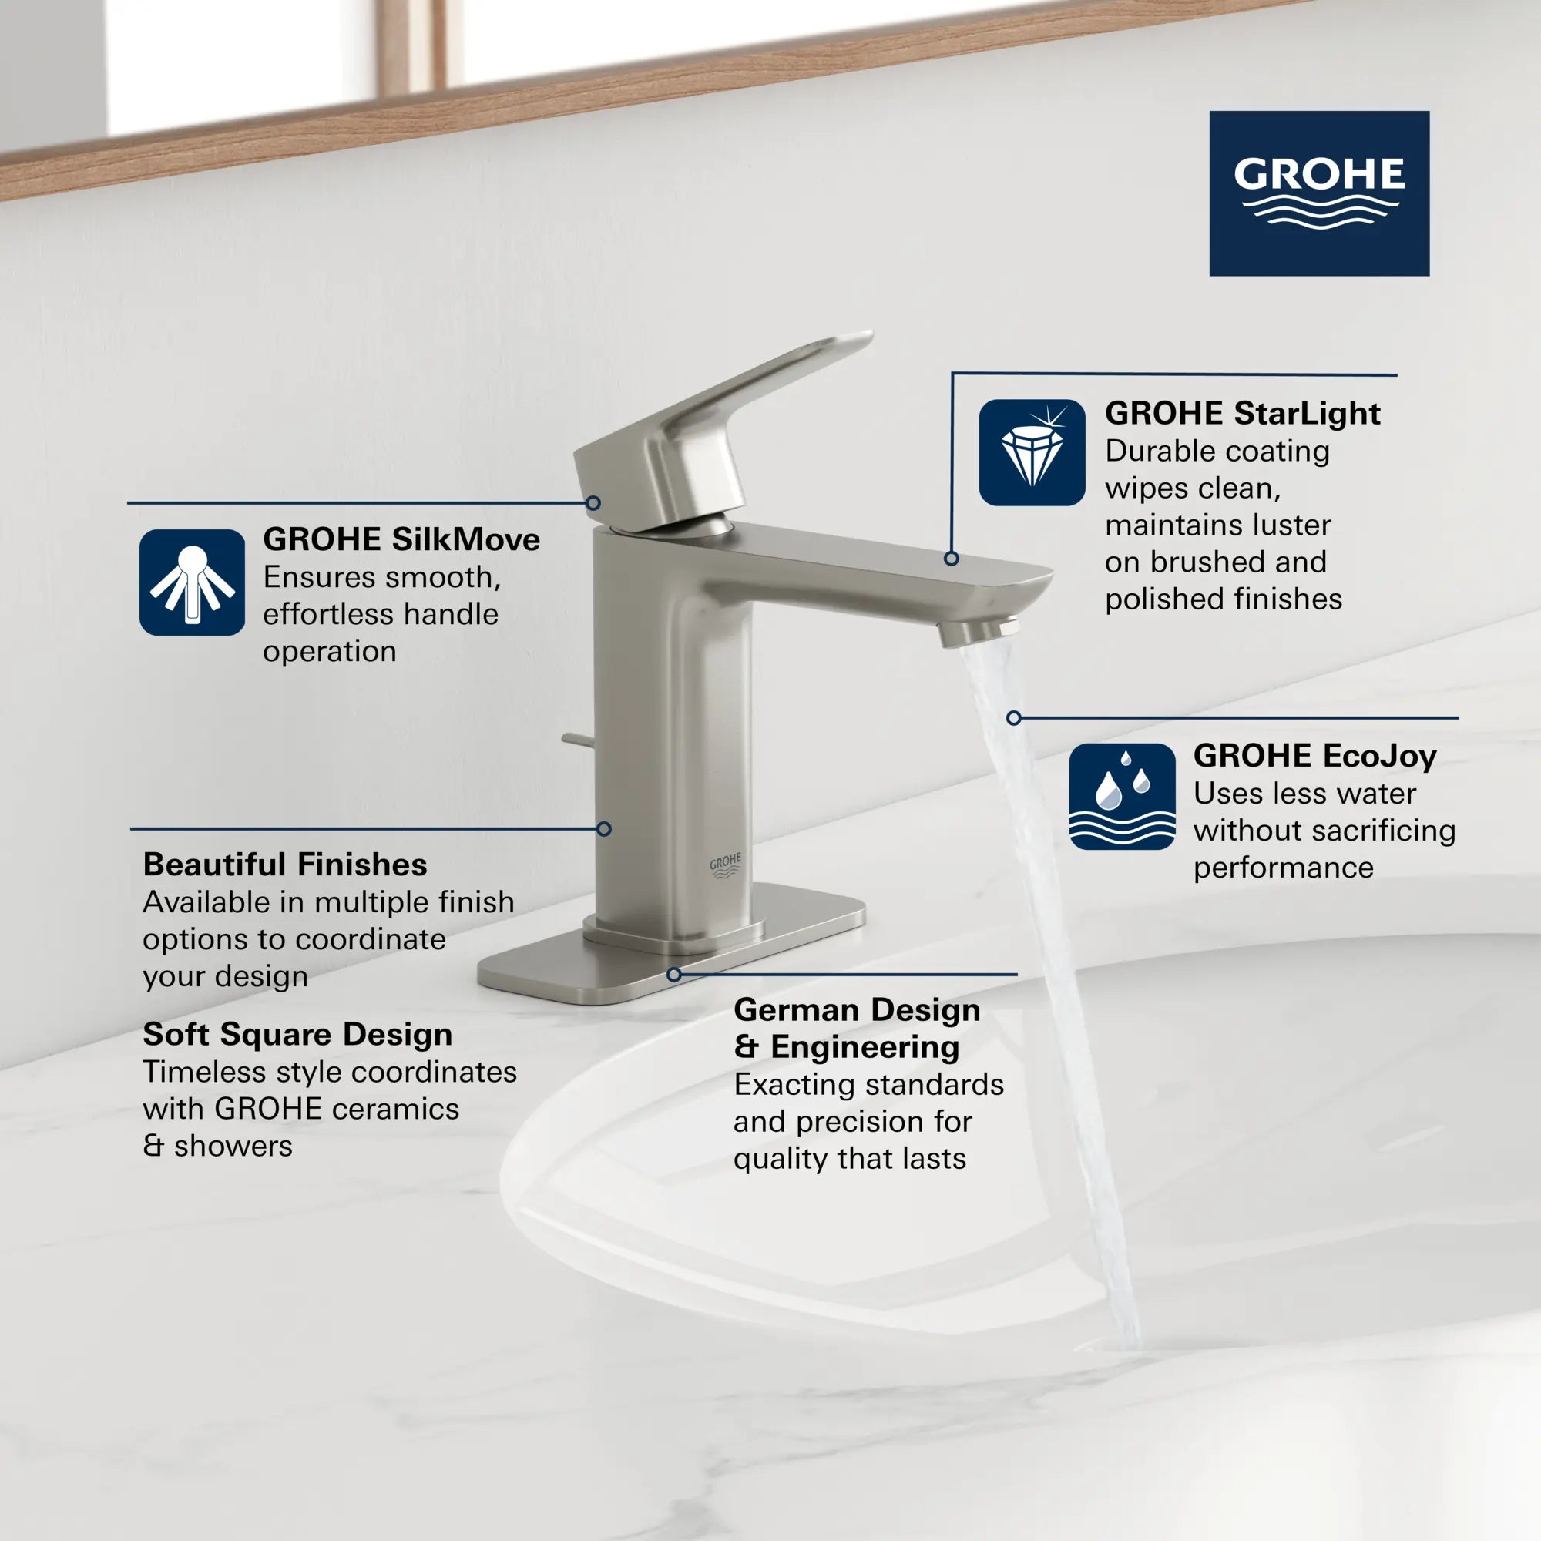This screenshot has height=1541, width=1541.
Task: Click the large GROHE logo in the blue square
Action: click(x=1319, y=193)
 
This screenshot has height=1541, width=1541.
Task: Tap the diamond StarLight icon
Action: click(x=1032, y=452)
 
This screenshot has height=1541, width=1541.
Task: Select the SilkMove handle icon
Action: click(x=192, y=582)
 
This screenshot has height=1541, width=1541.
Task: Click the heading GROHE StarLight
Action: click(x=1243, y=413)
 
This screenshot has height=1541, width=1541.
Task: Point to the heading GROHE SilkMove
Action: click(x=401, y=539)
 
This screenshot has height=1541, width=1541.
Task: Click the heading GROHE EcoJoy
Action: click(x=1314, y=755)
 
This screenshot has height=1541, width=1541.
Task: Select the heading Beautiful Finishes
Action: click(x=285, y=865)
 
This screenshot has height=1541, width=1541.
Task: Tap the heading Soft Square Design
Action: click(x=297, y=1035)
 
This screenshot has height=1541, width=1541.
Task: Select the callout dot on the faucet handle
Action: click(x=593, y=503)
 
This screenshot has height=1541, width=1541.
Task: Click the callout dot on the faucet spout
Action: click(x=951, y=559)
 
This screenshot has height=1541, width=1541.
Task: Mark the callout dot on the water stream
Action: click(x=1014, y=718)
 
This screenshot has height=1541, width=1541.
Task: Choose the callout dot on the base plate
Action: click(x=674, y=975)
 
